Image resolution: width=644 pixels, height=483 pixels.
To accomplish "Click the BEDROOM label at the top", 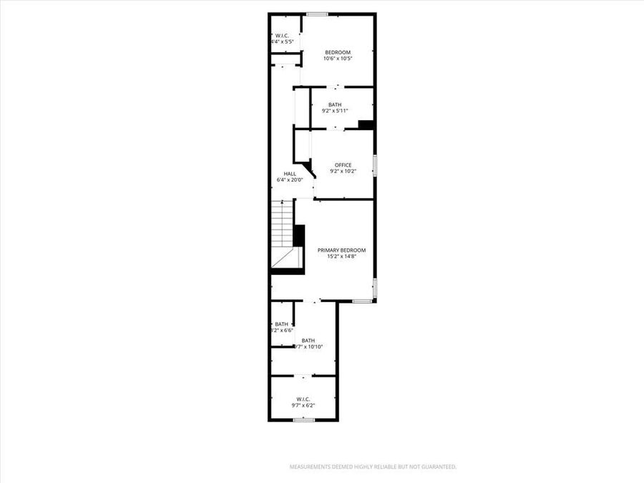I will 338,52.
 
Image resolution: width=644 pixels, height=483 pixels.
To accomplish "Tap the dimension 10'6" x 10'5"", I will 338,59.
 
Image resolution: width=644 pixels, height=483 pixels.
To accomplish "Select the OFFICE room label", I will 343,165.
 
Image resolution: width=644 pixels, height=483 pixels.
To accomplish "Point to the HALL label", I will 290,174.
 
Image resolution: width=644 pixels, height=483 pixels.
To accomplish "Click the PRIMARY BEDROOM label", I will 341,250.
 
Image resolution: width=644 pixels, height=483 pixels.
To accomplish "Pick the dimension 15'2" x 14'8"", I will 341,256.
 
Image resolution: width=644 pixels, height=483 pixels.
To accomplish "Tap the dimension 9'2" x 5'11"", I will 335,111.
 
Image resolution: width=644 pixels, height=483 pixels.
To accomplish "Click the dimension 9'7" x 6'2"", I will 303,405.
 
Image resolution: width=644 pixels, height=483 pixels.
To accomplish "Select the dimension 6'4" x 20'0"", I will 290,180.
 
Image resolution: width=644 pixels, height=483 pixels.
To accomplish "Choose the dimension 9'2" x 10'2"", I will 343,172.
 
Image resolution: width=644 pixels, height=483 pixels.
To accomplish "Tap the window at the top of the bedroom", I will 317,14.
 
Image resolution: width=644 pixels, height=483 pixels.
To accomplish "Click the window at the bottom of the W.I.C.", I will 303,419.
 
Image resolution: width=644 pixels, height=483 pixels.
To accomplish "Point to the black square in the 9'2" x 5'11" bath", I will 366,125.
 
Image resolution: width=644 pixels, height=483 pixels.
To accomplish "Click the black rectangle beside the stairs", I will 299,236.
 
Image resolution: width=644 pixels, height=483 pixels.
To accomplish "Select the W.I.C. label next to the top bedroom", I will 282,35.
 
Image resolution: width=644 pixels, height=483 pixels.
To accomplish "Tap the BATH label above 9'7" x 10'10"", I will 308,341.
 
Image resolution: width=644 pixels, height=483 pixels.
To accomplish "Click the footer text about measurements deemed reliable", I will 372,467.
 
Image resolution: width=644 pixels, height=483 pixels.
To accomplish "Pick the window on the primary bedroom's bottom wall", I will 362,301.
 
